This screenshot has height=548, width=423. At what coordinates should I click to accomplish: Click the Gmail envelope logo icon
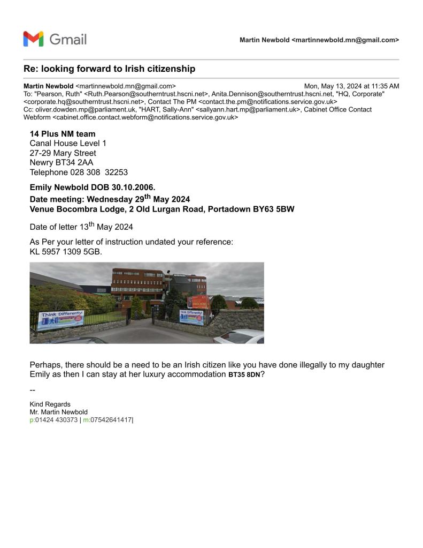(x=33, y=39)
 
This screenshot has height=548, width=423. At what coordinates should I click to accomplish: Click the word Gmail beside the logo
(x=68, y=39)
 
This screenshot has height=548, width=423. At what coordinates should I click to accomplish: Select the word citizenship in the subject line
(x=170, y=69)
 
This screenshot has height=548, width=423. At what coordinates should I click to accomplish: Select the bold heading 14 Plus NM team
(x=63, y=133)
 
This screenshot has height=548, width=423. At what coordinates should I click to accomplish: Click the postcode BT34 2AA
(x=70, y=162)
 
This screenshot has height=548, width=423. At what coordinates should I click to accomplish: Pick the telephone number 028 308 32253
(x=99, y=172)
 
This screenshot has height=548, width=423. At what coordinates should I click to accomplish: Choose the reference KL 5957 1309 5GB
(x=66, y=251)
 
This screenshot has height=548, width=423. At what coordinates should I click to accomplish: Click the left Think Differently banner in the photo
(x=60, y=320)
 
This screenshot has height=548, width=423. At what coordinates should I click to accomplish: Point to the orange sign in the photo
(x=197, y=301)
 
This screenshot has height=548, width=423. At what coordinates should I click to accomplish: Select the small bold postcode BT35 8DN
(x=244, y=375)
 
